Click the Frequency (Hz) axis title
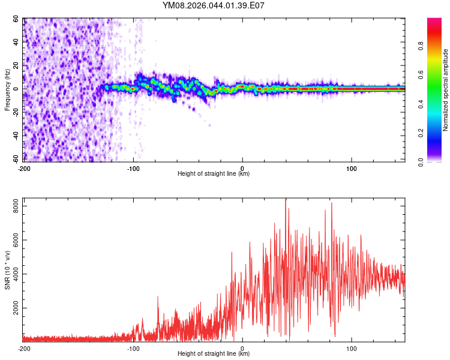pos(7,90)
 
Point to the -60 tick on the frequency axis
pos(16,159)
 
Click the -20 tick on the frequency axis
pos(16,112)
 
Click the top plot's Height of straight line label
pos(214,174)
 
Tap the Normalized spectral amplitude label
pos(445,90)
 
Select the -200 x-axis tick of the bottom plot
pos(24,349)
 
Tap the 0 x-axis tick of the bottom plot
pos(242,349)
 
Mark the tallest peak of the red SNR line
pos(286,199)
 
